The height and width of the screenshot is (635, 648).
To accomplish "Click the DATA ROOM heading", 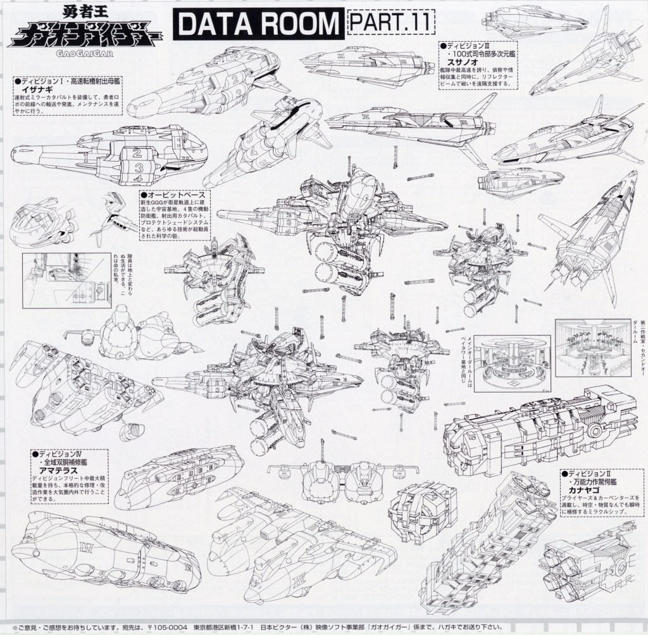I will click(259, 24).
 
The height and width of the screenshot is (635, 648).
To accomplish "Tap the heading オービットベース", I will click(170, 194).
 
